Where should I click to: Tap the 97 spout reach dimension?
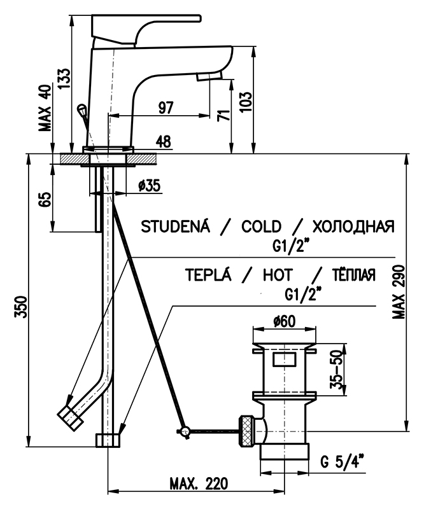[x=166, y=108]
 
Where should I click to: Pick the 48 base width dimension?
[x=164, y=143]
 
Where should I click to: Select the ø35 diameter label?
[x=149, y=186]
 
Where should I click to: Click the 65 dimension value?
[x=44, y=199]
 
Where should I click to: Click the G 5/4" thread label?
[x=341, y=460]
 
